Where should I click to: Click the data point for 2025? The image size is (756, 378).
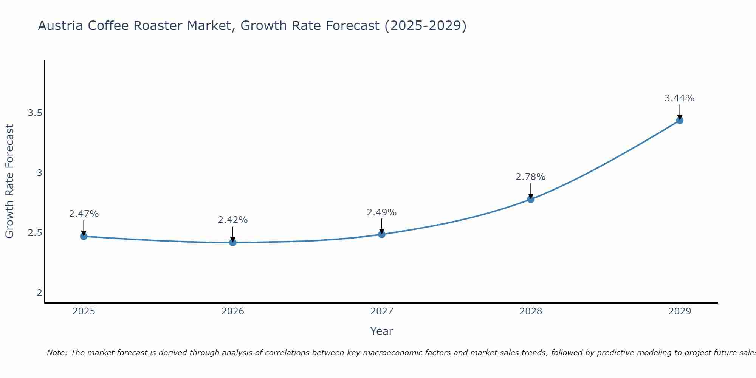click(84, 236)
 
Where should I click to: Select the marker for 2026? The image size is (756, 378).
click(232, 242)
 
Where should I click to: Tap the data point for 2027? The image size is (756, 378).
click(382, 234)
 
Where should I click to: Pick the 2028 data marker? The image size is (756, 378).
click(531, 199)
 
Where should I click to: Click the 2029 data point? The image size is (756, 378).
click(680, 121)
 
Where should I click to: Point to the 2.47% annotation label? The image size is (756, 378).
click(84, 214)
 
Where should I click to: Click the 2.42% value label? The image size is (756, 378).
click(233, 220)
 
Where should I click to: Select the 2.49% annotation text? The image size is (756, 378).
click(382, 212)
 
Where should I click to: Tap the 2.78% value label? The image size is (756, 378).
click(531, 177)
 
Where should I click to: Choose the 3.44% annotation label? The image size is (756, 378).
click(680, 98)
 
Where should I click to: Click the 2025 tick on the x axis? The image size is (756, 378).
click(84, 311)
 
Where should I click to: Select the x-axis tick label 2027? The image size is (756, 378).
click(382, 311)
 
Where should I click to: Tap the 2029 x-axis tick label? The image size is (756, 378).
click(680, 311)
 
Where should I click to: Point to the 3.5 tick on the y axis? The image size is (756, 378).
click(35, 113)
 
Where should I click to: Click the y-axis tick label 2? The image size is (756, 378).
click(39, 293)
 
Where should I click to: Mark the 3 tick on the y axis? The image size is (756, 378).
click(39, 173)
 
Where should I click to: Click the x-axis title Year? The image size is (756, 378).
click(382, 331)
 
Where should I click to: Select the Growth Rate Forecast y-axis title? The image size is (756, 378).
click(10, 181)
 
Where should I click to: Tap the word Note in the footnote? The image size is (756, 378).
click(56, 353)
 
